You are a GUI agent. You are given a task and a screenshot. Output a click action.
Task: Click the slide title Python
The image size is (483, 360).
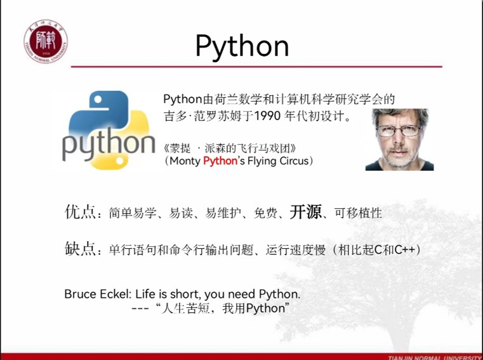click(242, 46)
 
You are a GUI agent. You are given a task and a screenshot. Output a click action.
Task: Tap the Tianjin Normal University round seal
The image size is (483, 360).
click(46, 41)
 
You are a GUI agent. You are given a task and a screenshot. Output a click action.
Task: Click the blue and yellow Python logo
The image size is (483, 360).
click(109, 130)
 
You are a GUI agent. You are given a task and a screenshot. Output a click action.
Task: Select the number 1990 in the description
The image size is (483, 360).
click(268, 116)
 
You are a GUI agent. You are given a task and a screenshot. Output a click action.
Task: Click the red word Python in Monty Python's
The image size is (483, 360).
click(220, 161)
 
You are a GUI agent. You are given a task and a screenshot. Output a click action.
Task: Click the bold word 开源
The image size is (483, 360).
click(305, 212)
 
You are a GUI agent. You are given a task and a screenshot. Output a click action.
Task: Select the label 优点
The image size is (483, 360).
click(80, 212)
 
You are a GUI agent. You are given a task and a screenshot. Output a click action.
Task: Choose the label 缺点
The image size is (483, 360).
click(80, 248)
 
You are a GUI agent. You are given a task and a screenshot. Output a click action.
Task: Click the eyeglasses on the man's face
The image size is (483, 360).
click(399, 130)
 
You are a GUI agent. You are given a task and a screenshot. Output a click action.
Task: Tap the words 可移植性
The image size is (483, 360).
click(358, 213)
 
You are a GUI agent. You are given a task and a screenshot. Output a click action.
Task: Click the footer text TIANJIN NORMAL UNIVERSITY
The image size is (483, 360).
click(435, 357)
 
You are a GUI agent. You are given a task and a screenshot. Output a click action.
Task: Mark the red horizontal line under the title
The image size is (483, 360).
click(256, 66)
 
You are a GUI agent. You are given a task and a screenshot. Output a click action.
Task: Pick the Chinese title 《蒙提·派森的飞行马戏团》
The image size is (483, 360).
click(230, 149)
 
